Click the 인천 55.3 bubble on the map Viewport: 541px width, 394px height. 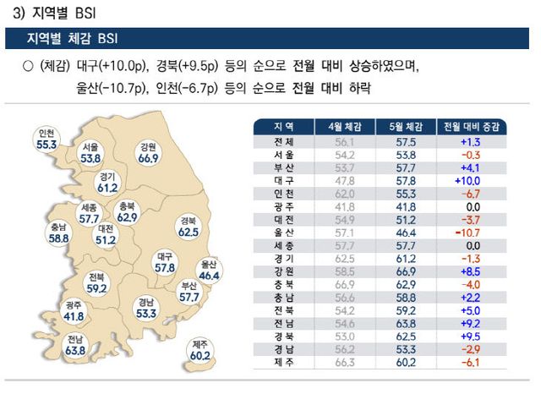[x=46, y=140]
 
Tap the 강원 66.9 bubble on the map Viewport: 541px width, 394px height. [x=149, y=152]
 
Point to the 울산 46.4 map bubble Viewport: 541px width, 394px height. [x=210, y=270]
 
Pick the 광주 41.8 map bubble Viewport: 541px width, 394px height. [x=74, y=310]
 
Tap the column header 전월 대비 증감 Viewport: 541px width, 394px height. [x=472, y=127]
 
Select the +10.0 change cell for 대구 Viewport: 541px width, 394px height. [x=472, y=181]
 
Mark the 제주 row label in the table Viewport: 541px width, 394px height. [x=284, y=364]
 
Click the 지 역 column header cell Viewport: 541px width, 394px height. [x=284, y=127]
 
